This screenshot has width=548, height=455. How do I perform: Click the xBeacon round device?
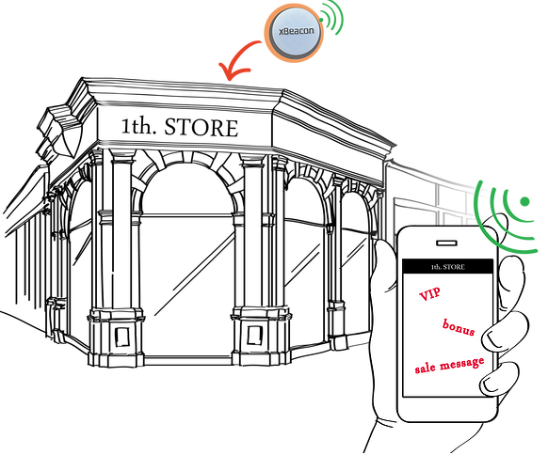click(295, 33)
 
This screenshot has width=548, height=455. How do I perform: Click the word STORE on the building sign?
click(201, 127)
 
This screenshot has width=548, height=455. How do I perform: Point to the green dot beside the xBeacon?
click(321, 20)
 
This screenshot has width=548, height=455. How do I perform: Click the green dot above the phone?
click(524, 201)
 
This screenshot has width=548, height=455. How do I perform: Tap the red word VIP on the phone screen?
click(429, 295)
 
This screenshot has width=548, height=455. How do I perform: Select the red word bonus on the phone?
click(459, 327)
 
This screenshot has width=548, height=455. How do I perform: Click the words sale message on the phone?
click(449, 365)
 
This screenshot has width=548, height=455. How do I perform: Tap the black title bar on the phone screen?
click(447, 267)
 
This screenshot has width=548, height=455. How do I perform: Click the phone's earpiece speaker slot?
click(446, 243)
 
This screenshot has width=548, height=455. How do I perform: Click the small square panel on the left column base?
click(122, 337)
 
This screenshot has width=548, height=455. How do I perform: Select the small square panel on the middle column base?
click(254, 336)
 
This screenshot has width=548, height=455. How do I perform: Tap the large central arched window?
click(188, 259)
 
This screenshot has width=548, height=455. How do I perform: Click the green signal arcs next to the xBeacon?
click(333, 17)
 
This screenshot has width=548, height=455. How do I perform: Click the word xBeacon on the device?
click(296, 31)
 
